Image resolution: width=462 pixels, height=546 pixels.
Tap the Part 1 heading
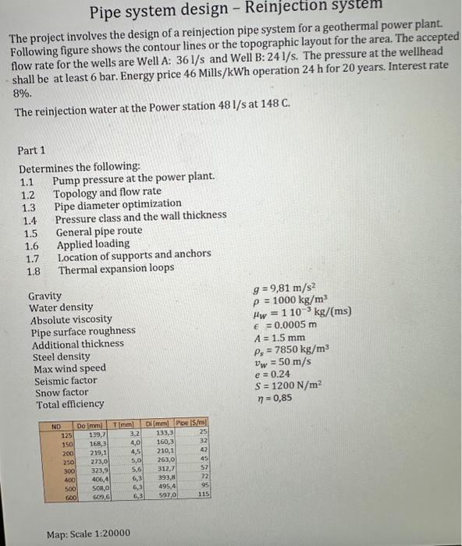[x=31, y=150]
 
